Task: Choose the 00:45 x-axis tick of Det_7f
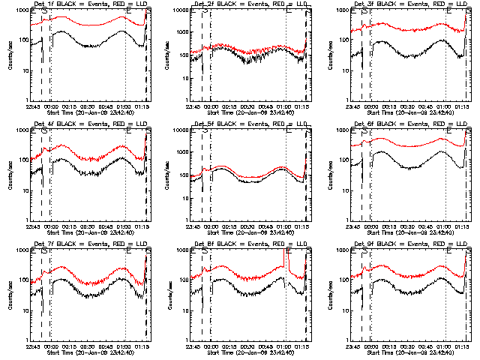(x=108, y=346)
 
